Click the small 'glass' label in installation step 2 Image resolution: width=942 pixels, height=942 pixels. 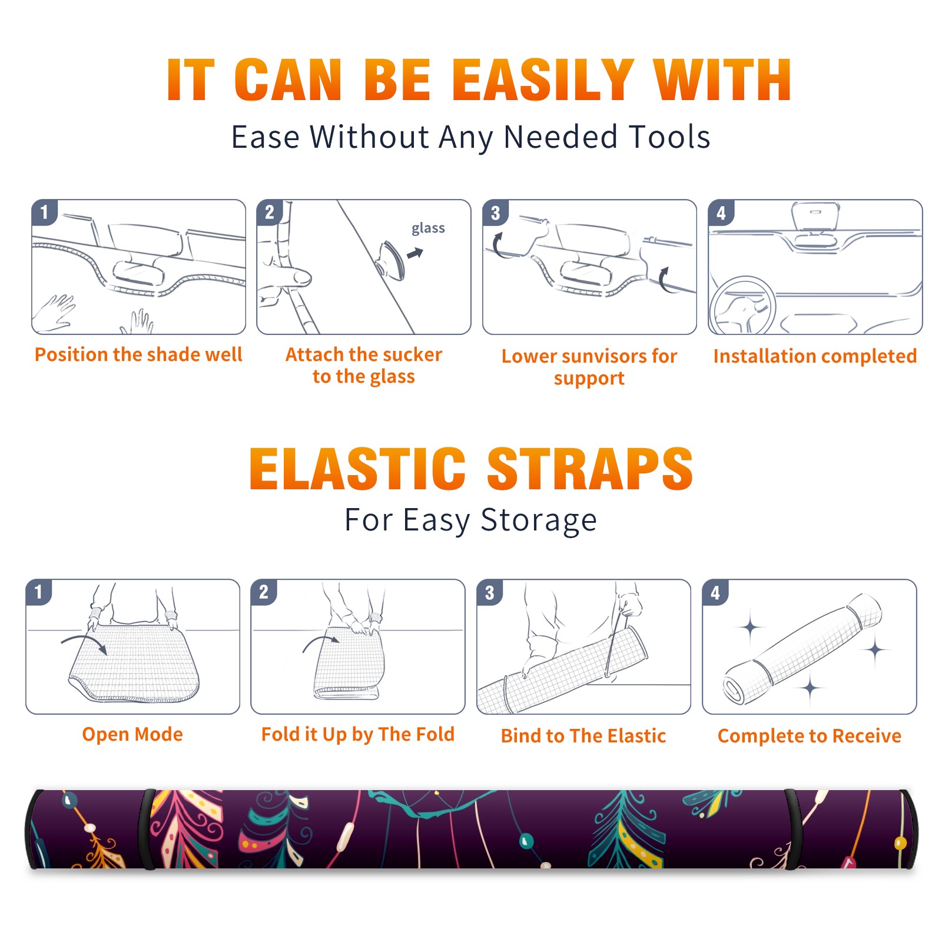428,228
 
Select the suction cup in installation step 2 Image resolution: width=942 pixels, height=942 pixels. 392,260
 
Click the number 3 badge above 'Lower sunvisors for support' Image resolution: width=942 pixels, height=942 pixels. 495,213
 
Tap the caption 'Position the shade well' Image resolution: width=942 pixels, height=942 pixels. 138,354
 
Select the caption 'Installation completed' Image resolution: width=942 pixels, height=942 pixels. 815,356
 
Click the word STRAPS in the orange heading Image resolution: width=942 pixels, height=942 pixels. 590,469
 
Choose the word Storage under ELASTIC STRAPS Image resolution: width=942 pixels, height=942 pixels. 539,521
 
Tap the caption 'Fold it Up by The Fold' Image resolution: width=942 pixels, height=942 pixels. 358,734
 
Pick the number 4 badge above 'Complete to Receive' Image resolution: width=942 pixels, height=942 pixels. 715,592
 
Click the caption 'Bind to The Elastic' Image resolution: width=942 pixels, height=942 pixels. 583,736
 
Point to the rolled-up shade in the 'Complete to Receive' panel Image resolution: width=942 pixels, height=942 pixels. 802,649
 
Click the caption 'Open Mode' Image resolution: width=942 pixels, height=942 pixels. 132,734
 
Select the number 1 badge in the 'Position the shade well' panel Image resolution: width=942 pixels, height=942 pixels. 44,212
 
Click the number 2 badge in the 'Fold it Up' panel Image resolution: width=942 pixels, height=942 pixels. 264,592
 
